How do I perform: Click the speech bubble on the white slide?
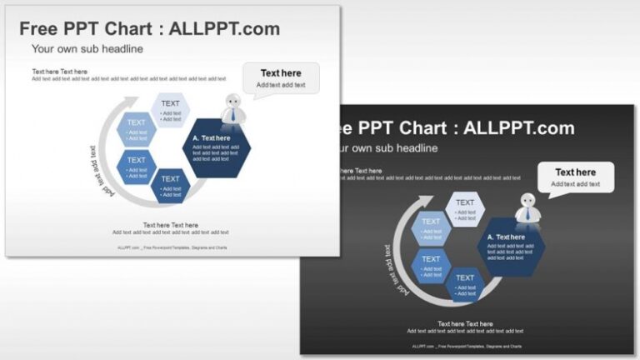tap(281, 78)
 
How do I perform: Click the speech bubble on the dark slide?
tap(575, 177)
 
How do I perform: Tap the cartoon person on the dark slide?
tap(527, 208)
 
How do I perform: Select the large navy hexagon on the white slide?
tap(216, 147)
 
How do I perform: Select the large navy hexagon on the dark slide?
tap(511, 246)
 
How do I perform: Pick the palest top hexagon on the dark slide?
tap(465, 208)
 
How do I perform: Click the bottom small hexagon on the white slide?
tap(171, 184)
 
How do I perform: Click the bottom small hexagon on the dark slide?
tap(465, 283)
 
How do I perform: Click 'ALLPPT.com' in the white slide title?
tap(224, 29)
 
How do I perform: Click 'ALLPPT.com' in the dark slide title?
tap(518, 128)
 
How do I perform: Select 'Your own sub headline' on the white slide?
tap(87, 49)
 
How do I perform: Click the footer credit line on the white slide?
tap(172, 247)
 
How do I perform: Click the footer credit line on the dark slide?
tap(466, 346)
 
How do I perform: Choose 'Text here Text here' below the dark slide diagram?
tap(465, 323)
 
